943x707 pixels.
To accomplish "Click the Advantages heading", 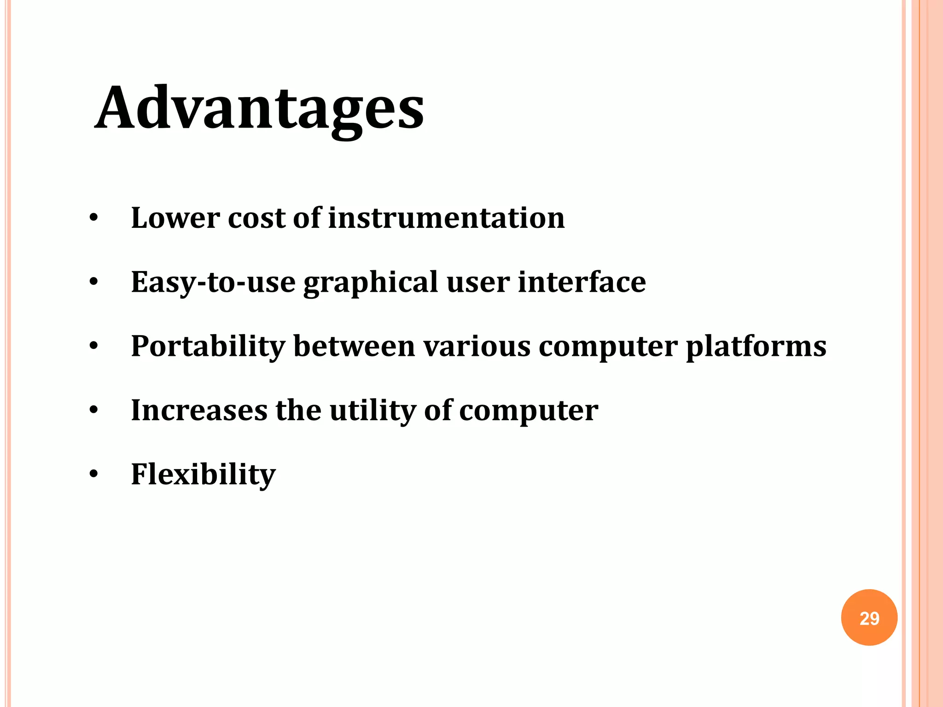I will [x=259, y=109].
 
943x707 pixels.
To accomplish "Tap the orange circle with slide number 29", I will [x=869, y=618].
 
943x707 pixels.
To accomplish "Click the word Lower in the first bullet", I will [x=175, y=218].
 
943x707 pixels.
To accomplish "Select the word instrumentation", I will [x=446, y=218].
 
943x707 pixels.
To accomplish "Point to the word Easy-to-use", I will [x=213, y=282].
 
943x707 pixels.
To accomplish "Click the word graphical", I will [x=371, y=283].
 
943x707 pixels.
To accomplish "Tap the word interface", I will [x=582, y=282].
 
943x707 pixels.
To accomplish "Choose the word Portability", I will [x=208, y=347].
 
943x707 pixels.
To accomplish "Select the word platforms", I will [x=756, y=347].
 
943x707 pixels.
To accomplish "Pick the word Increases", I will [x=199, y=410].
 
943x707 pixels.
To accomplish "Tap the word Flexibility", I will [x=203, y=475].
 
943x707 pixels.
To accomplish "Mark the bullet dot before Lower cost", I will [x=94, y=218].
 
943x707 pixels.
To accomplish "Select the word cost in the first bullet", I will [x=256, y=218].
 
